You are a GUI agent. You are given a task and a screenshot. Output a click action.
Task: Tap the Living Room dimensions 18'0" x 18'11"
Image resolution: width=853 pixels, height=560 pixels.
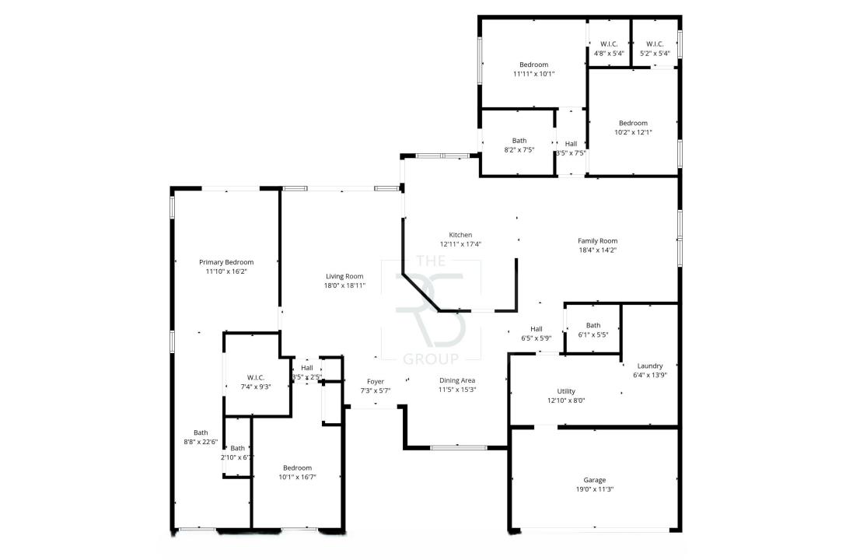coord(344,285)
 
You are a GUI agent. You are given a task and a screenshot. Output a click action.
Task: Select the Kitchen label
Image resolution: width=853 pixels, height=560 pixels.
coord(460,235)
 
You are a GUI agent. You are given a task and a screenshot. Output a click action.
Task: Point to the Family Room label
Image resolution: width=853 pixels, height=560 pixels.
coord(597,241)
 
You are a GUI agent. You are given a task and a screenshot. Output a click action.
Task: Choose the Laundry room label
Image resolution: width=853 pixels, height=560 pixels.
coord(649,366)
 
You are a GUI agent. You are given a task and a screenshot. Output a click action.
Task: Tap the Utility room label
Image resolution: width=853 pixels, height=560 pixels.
coord(566,391)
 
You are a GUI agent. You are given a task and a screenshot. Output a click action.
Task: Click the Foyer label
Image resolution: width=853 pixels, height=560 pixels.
coord(376,381)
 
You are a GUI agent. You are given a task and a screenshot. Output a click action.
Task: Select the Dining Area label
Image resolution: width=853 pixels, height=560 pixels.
coord(457,380)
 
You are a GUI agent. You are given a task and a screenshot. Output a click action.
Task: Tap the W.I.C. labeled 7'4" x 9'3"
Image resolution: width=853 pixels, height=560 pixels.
coord(257,377)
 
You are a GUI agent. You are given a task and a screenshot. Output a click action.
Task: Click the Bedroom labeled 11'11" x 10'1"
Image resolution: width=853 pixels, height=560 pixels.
coord(533,65)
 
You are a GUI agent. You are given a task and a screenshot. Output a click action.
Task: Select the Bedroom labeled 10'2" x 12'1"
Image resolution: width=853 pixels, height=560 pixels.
coord(633,123)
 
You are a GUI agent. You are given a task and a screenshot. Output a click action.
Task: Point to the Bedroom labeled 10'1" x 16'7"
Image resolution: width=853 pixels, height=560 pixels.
coord(297,467)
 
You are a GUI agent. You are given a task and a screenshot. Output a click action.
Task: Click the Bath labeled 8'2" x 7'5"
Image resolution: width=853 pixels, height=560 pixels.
coord(519,141)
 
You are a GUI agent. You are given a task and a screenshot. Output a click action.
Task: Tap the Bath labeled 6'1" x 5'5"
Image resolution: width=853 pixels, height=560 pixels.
coord(593,325)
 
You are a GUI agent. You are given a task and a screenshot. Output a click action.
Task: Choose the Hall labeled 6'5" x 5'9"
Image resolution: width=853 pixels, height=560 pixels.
coord(537,328)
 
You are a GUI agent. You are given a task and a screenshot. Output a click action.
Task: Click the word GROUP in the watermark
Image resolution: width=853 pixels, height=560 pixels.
coord(431,359)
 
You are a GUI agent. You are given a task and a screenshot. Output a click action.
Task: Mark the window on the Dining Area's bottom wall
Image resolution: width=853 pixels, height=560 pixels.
coord(459,447)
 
